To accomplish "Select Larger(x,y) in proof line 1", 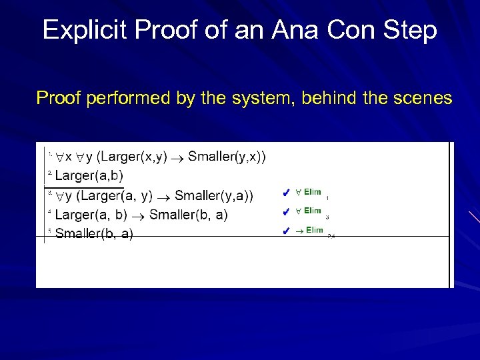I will [x=131, y=157].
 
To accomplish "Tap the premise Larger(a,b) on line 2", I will [x=89, y=176].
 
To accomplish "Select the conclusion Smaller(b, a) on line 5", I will [x=94, y=233].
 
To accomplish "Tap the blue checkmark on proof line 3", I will [x=285, y=193].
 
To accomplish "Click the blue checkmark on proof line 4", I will [x=285, y=212].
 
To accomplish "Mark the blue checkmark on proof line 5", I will [x=285, y=232].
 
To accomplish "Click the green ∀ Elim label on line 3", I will [x=308, y=193].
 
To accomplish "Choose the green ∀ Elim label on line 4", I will [x=308, y=211].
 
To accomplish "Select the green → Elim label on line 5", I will [x=309, y=231].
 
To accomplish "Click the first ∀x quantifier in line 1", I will [x=65, y=157].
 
